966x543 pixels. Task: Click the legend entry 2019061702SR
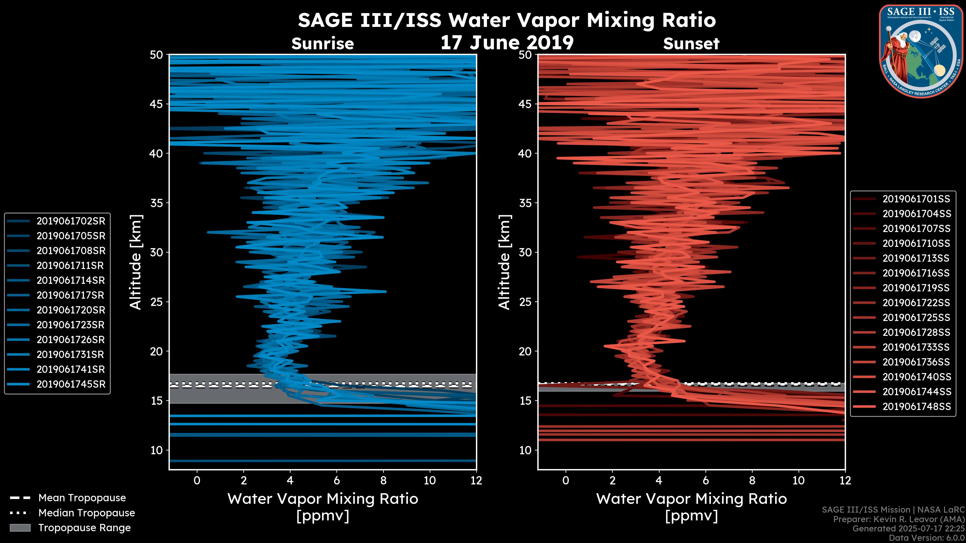click(x=71, y=221)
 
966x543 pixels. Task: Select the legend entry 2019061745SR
click(x=71, y=384)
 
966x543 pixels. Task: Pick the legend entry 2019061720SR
click(x=71, y=310)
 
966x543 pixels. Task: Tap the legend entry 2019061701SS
click(x=916, y=199)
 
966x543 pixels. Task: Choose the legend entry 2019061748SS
click(x=916, y=406)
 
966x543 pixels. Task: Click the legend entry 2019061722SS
click(x=916, y=303)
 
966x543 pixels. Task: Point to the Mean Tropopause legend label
click(x=82, y=498)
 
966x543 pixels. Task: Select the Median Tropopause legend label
click(x=87, y=513)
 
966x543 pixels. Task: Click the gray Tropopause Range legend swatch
click(x=20, y=528)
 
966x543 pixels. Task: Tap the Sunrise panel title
click(x=323, y=44)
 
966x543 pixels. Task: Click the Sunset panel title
click(x=691, y=44)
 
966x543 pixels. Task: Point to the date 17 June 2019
click(x=507, y=43)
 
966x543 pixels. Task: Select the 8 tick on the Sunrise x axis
click(x=383, y=480)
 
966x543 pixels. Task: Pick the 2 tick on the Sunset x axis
click(x=612, y=480)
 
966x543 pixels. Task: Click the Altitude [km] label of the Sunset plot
click(x=504, y=262)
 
